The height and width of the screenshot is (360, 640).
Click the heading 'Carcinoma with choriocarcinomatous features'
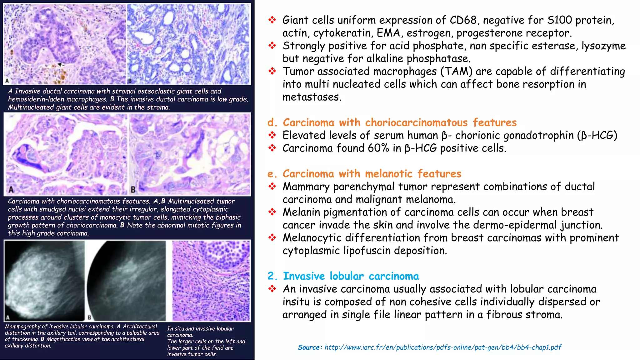[x=400, y=122]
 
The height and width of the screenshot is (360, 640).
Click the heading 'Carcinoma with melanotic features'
[x=372, y=174]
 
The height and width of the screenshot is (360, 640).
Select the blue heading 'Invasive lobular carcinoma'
[x=351, y=276]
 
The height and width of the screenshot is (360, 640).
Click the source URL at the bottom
[x=443, y=347]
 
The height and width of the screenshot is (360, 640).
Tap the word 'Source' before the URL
[x=309, y=347]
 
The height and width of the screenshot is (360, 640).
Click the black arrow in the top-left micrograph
[x=62, y=65]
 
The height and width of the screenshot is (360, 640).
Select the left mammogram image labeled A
[x=44, y=281]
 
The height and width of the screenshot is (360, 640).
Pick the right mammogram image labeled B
[x=127, y=281]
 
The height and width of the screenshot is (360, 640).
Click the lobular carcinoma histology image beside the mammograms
[x=211, y=281]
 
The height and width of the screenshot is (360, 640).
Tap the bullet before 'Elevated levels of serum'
[x=272, y=135]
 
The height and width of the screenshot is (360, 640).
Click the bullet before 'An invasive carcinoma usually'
[x=272, y=289]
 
